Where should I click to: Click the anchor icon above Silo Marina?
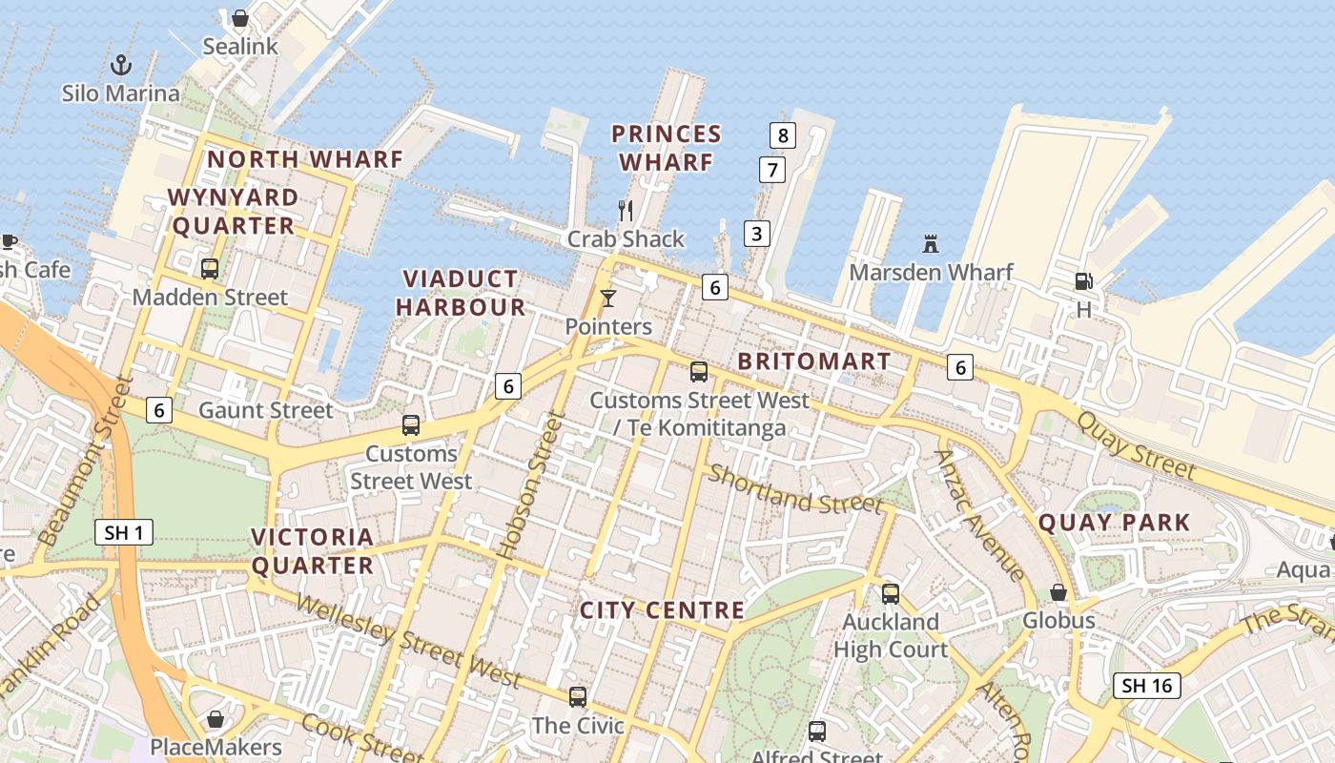121,65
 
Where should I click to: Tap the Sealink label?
240,46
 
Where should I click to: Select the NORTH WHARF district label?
305,159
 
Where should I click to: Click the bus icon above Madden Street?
210,269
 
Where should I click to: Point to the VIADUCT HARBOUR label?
461,293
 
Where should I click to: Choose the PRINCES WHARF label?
667,148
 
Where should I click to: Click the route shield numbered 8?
782,135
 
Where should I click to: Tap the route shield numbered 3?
756,233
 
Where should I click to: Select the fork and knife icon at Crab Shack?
626,210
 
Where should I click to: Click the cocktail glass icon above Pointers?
608,299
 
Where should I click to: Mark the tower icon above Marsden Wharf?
931,244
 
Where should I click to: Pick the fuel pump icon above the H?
1083,281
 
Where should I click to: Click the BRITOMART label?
814,362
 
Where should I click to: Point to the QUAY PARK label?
1114,523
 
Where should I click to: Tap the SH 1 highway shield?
124,532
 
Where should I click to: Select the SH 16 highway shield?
1147,685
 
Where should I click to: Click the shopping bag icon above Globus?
1058,592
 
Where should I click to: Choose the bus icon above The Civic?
578,697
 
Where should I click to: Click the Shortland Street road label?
794,488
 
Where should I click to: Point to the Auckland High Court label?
891,636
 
